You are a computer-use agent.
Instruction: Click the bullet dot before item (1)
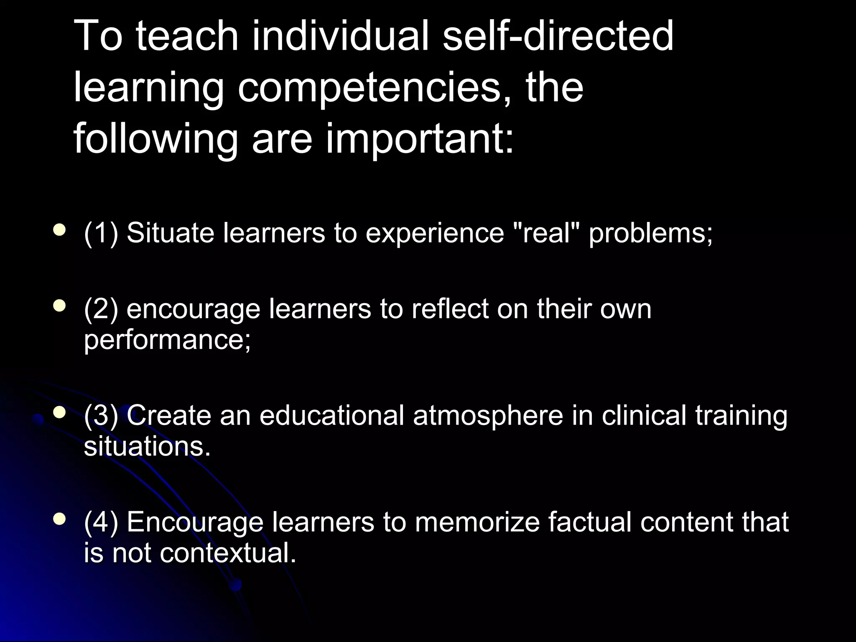(60, 230)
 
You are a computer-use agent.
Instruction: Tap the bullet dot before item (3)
(60, 413)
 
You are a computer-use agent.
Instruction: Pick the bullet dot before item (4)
(60, 520)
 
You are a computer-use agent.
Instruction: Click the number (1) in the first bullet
(101, 232)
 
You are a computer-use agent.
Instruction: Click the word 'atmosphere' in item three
(488, 415)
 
